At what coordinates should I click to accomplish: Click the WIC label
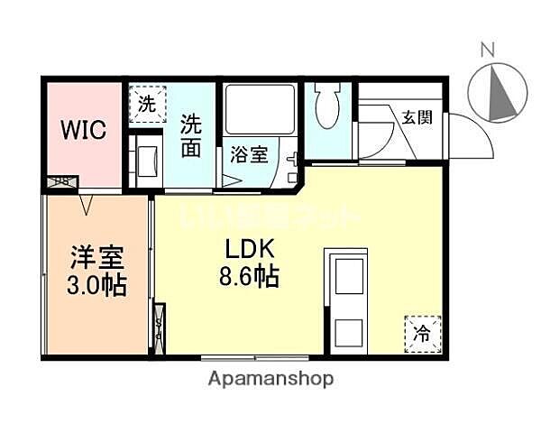tap(83, 129)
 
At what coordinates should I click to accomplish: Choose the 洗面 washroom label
tap(191, 135)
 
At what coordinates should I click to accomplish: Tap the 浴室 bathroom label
tap(248, 154)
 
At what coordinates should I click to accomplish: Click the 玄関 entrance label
tap(416, 116)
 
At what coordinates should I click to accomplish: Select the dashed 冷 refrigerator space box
tap(422, 333)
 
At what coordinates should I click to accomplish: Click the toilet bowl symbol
tap(328, 112)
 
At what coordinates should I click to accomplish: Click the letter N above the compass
tap(487, 51)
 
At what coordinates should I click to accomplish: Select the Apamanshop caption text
tap(270, 379)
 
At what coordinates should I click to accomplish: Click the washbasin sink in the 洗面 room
tap(144, 159)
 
